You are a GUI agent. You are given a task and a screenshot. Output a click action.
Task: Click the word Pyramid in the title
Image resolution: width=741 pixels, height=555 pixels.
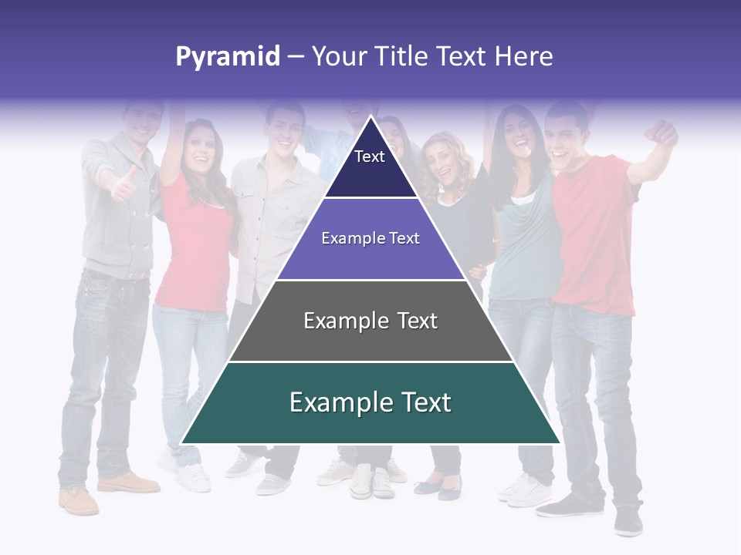pyautogui.click(x=227, y=57)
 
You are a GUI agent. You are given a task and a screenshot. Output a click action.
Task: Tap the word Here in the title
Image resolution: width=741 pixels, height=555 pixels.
pyautogui.click(x=523, y=57)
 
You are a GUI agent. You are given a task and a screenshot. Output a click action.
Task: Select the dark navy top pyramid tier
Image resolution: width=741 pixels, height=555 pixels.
pyautogui.click(x=370, y=166)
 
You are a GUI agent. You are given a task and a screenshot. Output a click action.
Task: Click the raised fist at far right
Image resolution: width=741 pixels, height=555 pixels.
pyautogui.click(x=662, y=133)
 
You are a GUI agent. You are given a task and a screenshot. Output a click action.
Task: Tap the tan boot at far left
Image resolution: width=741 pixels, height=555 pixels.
pyautogui.click(x=79, y=500)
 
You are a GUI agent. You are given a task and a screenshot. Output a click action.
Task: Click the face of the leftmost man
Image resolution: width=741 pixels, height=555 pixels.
pyautogui.click(x=143, y=122)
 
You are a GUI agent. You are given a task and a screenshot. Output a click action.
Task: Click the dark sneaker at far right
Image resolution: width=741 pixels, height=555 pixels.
pyautogui.click(x=628, y=521)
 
